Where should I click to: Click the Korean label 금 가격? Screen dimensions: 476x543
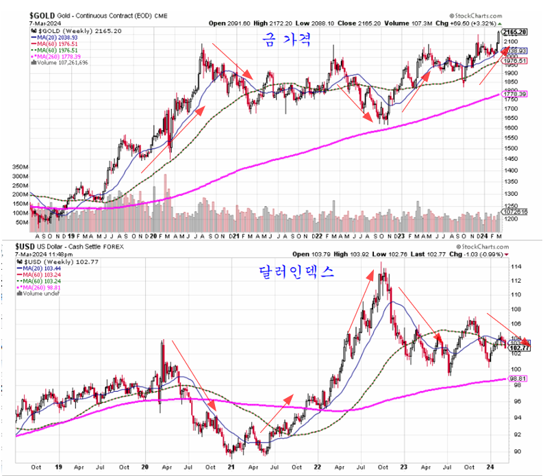[288, 42]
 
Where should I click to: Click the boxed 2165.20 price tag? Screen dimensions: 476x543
[514, 32]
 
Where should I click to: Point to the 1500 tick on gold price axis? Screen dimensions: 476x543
[511, 147]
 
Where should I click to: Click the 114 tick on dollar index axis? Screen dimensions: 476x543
[510, 266]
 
